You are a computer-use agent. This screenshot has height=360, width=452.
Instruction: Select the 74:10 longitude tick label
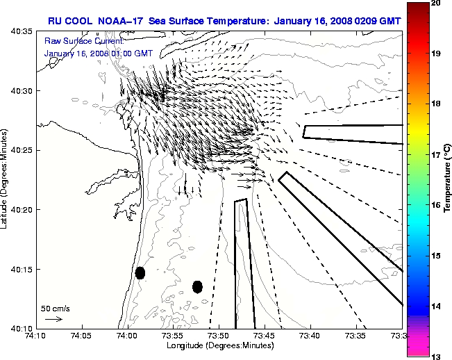(35, 336)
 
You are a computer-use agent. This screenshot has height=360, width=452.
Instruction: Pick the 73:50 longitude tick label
(219, 336)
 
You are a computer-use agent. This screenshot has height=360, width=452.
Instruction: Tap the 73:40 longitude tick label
(310, 336)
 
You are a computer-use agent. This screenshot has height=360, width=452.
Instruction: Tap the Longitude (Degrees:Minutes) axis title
(219, 345)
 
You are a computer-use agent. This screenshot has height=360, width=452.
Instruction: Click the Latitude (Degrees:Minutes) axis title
(5, 179)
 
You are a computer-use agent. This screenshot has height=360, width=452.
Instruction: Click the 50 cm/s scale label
(55, 308)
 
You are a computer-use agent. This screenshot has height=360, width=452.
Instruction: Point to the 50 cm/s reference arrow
(53, 319)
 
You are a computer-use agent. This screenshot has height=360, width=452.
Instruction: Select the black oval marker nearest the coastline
(140, 272)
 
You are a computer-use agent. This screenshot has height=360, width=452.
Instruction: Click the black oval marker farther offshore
(197, 286)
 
